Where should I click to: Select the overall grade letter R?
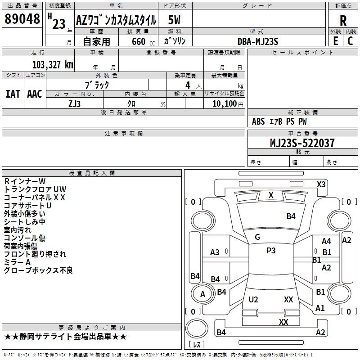point(343,21)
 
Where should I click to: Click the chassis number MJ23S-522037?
point(302,144)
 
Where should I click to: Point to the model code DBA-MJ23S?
point(258,41)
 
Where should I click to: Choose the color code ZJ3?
point(74,103)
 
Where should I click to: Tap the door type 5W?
point(175,20)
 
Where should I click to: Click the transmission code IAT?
point(13,94)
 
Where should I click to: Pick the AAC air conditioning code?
point(34,94)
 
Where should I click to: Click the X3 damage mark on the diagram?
point(321,184)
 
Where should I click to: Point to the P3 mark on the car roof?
point(270,251)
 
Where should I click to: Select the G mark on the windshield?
point(257,237)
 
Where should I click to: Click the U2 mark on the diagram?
point(253,300)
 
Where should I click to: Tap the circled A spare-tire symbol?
point(202,294)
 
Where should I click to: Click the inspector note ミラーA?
point(17,262)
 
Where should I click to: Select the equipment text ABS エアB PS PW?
point(279,121)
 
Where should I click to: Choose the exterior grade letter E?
point(335,41)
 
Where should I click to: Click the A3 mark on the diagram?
point(215,252)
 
